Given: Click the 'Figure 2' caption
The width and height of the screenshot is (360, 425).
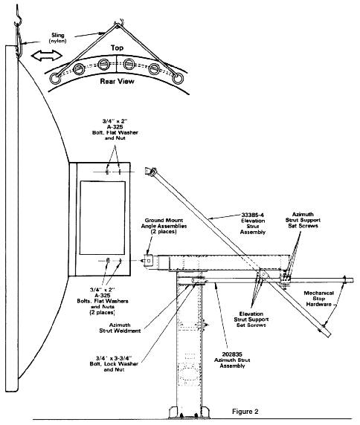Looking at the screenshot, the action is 245,412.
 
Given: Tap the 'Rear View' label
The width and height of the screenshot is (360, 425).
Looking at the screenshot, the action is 118,81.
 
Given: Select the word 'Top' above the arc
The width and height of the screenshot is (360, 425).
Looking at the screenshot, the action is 117,48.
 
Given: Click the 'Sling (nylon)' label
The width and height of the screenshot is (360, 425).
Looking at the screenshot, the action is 58,38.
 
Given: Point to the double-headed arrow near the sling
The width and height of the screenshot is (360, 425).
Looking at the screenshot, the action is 47,56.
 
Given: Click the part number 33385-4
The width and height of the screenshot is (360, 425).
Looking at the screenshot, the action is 253,215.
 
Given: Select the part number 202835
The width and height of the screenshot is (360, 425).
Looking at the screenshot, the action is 232,354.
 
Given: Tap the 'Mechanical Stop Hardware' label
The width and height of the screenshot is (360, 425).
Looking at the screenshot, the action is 319,299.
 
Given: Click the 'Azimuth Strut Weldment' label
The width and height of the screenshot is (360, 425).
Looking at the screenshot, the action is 120,328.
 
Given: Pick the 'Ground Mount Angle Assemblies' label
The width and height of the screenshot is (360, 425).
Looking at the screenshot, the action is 164,223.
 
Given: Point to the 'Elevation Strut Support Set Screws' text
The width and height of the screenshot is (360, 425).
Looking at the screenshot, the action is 251,319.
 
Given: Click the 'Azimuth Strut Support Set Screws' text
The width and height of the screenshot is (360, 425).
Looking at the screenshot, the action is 303,220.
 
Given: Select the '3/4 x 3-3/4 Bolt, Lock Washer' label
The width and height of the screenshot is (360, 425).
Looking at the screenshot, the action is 114,361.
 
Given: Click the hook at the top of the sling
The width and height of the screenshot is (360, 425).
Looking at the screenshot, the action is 18,16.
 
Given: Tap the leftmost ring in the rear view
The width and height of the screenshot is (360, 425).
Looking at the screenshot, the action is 54,79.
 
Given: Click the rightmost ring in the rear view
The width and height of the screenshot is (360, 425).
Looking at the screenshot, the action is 179,79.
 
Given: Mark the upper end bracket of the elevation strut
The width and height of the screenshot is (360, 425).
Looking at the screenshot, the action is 150,172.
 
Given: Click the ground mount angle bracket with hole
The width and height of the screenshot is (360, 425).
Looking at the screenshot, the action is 149,261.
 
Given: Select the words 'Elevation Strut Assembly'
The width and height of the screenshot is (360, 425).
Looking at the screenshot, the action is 253,227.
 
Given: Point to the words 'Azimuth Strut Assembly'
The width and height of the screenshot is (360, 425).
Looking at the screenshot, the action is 232,363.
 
